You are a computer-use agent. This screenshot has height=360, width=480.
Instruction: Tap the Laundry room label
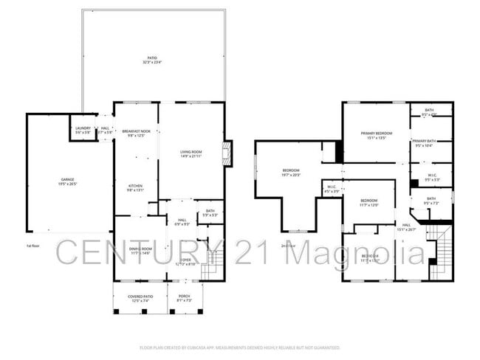83,131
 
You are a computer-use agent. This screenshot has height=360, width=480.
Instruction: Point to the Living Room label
191,154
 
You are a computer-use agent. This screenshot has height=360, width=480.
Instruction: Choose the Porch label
184,298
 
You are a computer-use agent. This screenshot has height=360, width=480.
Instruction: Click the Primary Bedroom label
376,135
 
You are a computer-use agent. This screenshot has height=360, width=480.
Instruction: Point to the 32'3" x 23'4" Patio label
152,60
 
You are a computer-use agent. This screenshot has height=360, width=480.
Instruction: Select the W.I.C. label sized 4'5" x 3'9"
332,189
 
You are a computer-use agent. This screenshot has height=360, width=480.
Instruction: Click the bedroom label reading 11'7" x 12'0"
369,202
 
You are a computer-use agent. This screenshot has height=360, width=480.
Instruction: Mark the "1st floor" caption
32,246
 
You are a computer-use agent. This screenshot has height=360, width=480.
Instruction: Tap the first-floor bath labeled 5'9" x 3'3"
210,213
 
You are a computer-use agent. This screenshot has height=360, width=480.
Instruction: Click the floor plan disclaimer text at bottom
240,347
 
